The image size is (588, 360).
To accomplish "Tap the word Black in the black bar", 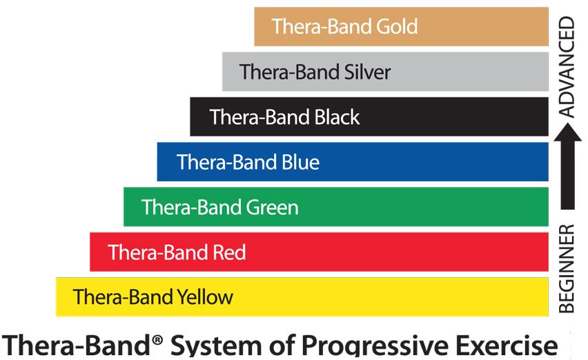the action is point(337,117).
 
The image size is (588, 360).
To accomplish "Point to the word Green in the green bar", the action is point(272,207).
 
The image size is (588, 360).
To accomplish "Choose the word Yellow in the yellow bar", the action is point(205,297).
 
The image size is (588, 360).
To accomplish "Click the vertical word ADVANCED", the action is point(566,67).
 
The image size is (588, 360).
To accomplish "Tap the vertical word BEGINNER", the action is point(566,268).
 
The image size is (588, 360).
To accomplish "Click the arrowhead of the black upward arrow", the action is point(568,132).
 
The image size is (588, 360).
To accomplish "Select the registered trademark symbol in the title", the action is point(158,340).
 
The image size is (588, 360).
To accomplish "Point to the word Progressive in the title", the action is point(375,345).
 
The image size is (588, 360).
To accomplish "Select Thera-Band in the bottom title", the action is point(77,345).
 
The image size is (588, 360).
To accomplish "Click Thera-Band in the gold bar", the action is point(322,27).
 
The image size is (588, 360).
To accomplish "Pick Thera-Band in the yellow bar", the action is point(123,297).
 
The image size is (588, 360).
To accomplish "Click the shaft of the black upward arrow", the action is point(568,175).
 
